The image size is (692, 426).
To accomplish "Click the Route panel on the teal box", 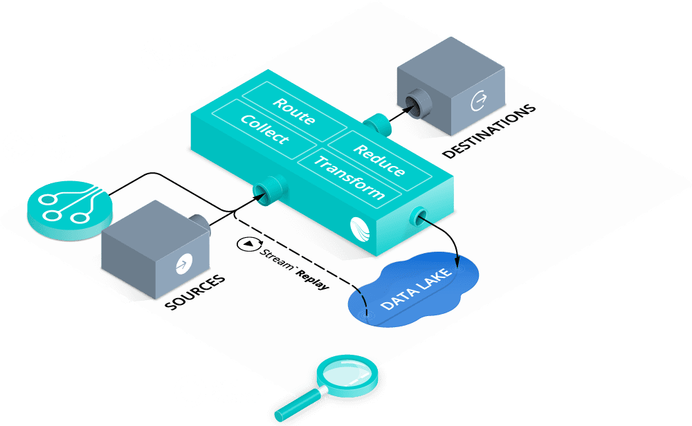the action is [x=294, y=111].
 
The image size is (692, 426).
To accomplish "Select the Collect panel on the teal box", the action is [x=264, y=129].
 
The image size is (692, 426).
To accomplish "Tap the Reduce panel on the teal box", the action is [x=379, y=160].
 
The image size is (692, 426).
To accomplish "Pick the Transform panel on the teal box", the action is [x=349, y=178].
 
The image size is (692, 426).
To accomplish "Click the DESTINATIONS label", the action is [x=489, y=131].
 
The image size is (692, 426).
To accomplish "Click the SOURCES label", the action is [x=195, y=292].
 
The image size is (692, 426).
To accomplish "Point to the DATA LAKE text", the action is [x=416, y=288].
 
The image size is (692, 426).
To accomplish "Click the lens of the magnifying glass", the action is [x=347, y=372].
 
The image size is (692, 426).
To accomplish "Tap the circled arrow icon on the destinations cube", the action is [x=478, y=100].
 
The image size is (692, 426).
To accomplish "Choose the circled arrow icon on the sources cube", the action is [x=183, y=263].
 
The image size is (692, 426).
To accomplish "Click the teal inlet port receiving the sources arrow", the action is [x=269, y=190].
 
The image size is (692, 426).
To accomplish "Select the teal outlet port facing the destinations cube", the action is [x=378, y=124].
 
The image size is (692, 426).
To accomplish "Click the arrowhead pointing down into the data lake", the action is [x=457, y=262].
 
